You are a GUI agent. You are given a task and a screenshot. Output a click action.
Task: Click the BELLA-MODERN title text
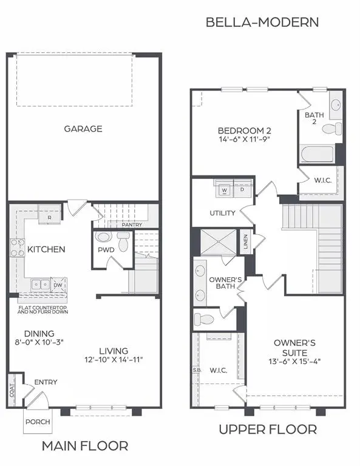(x=262, y=22)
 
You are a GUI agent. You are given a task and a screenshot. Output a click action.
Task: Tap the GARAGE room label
(x=83, y=129)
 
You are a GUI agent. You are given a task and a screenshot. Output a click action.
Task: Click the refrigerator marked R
(x=49, y=215)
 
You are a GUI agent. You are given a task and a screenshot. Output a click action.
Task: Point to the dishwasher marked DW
(x=58, y=284)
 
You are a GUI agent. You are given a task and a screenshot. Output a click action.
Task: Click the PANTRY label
(x=132, y=225)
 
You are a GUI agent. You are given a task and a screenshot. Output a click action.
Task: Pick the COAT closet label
(x=13, y=393)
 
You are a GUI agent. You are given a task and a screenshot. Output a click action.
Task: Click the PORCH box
(x=38, y=422)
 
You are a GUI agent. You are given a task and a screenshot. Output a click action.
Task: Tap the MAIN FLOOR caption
(x=85, y=446)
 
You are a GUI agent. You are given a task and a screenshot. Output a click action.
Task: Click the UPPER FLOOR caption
(x=268, y=430)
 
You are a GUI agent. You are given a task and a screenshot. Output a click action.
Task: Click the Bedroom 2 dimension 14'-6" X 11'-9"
(x=244, y=139)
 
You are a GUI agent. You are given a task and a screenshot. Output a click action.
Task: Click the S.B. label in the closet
(x=197, y=370)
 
